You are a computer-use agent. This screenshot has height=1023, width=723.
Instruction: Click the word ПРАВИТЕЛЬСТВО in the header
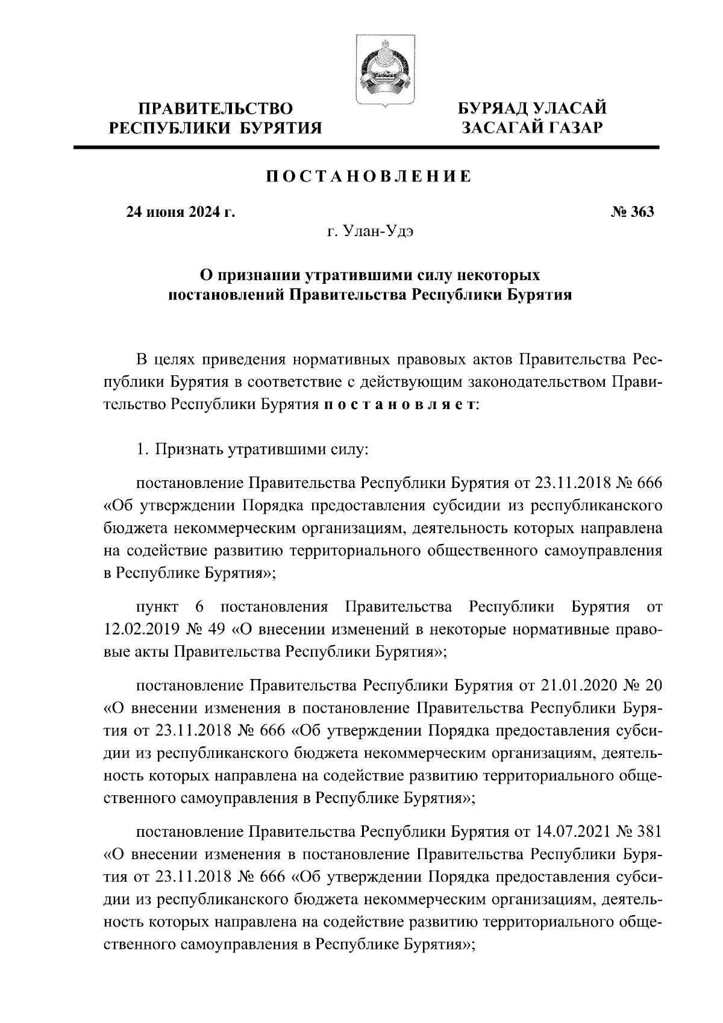click(x=216, y=109)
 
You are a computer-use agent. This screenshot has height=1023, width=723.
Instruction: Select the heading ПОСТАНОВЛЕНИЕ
click(x=369, y=177)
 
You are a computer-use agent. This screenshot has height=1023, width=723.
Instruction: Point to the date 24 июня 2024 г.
click(x=180, y=212)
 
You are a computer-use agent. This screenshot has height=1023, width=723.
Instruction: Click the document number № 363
click(x=631, y=212)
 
